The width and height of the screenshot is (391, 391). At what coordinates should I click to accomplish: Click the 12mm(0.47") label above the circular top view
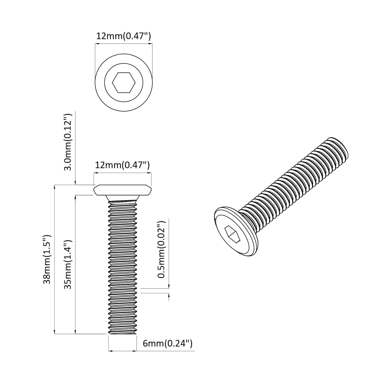click(124, 36)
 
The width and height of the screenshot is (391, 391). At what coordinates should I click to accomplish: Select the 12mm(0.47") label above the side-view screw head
click(122, 165)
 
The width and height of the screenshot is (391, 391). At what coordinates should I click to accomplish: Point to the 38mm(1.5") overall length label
click(47, 259)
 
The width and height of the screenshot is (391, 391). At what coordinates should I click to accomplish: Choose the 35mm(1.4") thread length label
click(68, 264)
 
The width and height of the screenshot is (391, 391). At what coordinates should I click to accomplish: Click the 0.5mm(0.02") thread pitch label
click(162, 249)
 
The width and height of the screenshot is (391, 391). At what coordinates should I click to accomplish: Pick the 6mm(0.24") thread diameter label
click(167, 343)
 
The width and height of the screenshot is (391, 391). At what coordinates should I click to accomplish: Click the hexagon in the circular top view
click(124, 83)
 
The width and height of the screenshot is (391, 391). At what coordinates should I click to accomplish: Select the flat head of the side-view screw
click(123, 190)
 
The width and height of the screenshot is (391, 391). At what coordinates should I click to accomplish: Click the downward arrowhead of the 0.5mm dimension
click(169, 286)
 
